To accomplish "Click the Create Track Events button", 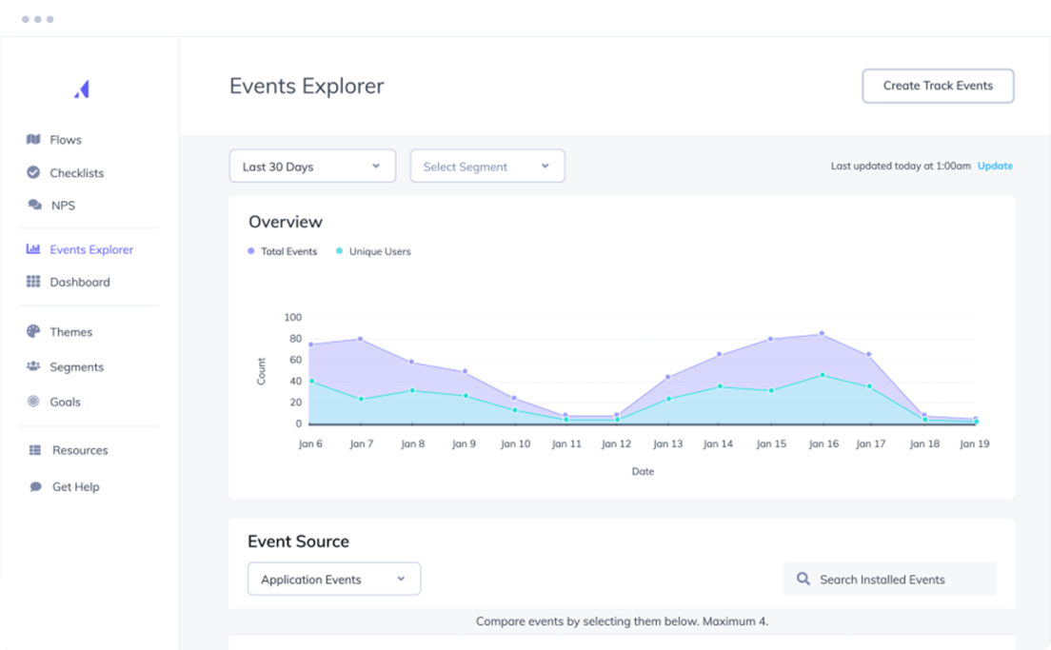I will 938,86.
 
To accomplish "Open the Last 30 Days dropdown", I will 311,167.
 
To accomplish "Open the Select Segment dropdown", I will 486,167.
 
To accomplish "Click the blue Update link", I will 995,166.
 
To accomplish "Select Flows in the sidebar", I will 65,140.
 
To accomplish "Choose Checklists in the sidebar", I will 76,173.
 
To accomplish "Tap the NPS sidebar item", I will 63,206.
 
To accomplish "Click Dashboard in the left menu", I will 79,283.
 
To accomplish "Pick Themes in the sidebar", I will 70,332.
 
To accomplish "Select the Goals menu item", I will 65,403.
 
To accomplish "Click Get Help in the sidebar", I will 75,487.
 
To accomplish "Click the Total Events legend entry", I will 288,252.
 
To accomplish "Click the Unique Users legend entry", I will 379,252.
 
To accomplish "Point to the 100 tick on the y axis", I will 292,318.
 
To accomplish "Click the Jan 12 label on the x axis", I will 616,444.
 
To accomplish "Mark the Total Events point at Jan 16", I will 822,334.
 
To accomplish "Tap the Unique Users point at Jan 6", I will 311,382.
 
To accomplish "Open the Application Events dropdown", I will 333,580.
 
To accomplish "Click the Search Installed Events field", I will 889,580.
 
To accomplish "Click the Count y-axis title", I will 262,371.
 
